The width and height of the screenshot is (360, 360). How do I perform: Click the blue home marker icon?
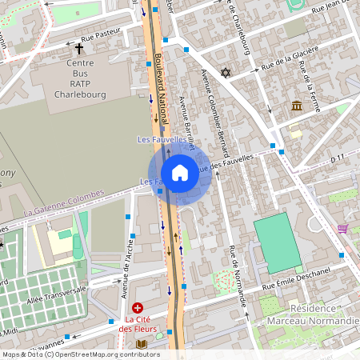coord(179,172)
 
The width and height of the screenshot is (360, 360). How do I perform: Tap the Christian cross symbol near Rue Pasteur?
coord(79,48)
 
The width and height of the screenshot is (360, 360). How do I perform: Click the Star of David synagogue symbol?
coord(226,73)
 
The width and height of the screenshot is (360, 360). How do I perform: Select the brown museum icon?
coord(297,106)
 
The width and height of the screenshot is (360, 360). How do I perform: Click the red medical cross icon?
coord(138,308)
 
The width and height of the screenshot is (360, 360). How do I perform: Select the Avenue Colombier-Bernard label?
coord(215,112)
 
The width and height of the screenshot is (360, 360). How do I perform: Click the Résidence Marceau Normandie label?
coord(324,314)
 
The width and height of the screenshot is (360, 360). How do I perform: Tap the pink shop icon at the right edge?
coord(342,229)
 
